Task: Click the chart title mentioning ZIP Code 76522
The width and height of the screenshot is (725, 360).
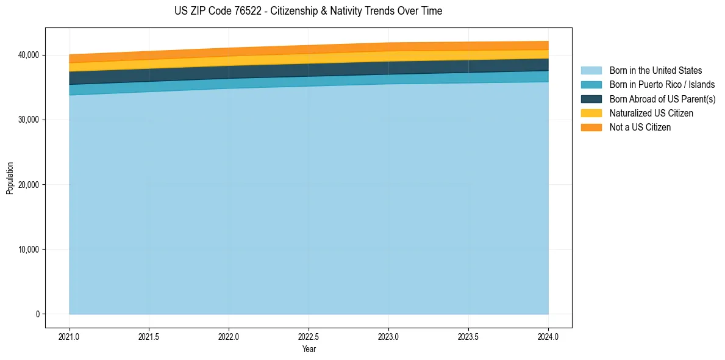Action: (x=308, y=11)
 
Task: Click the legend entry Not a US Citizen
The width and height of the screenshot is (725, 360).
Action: (x=640, y=127)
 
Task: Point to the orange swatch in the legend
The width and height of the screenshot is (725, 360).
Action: (x=591, y=127)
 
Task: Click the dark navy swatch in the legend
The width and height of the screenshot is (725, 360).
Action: (x=591, y=99)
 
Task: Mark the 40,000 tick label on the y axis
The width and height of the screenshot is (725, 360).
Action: (x=28, y=55)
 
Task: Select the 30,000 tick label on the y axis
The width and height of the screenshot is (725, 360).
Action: (x=28, y=120)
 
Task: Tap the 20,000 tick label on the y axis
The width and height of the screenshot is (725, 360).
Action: (x=28, y=184)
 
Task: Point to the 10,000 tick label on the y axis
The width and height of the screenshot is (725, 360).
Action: (x=28, y=249)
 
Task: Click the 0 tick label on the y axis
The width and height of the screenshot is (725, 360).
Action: (x=37, y=314)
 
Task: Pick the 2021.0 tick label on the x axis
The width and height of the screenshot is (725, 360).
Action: (x=69, y=336)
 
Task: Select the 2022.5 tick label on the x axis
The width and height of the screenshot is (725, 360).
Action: (x=309, y=336)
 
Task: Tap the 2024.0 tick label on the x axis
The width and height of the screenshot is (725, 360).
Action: (x=548, y=336)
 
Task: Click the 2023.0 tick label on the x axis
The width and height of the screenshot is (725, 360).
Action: (x=388, y=336)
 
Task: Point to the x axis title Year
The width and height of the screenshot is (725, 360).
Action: (x=309, y=349)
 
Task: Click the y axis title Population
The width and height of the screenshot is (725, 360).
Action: (x=10, y=178)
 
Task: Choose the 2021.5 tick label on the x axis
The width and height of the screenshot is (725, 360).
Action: (x=149, y=336)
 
